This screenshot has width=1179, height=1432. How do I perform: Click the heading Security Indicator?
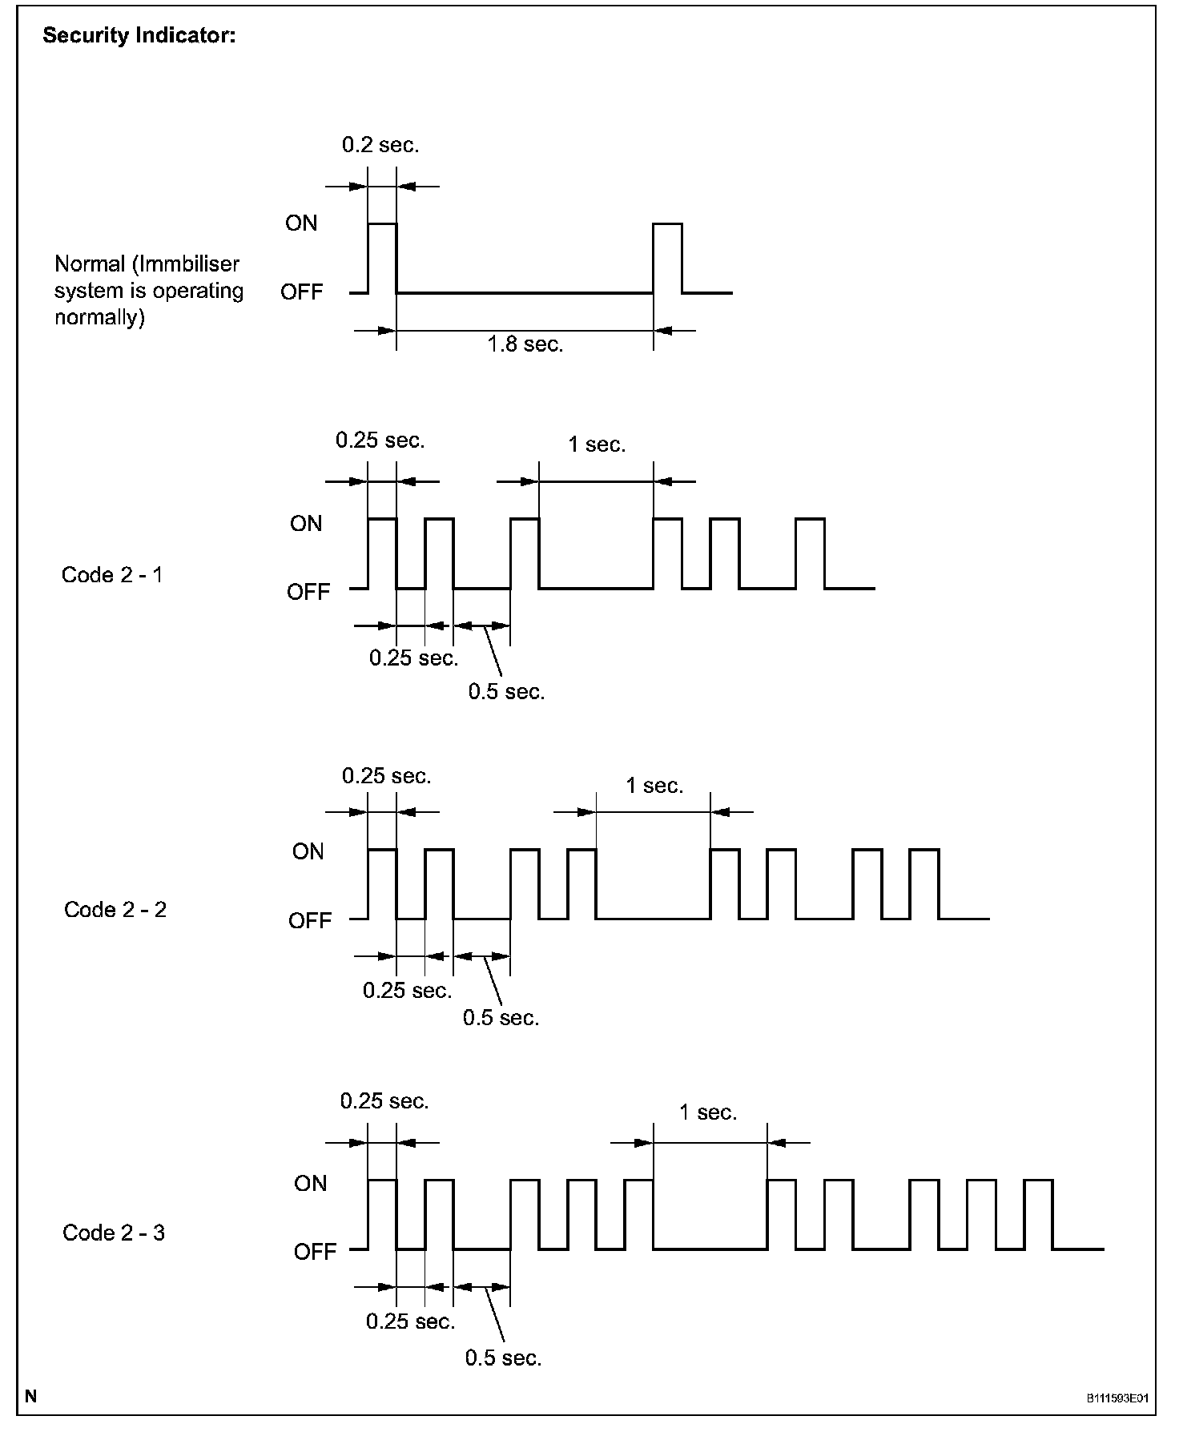pos(139,36)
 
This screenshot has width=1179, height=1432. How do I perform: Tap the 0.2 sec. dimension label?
pos(380,145)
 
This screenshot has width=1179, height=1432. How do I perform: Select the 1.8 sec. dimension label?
pos(525,344)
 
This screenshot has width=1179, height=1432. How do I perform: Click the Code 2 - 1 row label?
pos(112,575)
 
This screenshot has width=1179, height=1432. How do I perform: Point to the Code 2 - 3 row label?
pos(114,1233)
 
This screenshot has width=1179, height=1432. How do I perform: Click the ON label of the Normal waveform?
pos(301,223)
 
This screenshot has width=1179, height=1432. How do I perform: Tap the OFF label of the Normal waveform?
pos(302,292)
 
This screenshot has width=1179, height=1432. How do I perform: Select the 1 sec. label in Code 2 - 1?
pos(597,444)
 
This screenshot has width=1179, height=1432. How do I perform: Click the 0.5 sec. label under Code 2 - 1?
pos(506,692)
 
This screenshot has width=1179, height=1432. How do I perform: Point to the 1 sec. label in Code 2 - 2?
pos(654,786)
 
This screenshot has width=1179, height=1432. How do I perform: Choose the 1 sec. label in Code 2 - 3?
pos(708,1112)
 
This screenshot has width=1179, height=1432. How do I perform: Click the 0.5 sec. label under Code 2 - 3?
pos(503,1358)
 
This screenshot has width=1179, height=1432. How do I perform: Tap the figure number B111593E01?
pos(1117,1399)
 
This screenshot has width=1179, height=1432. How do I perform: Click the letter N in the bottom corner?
pos(31,1398)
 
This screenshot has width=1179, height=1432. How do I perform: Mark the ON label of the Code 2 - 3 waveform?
pos(310,1183)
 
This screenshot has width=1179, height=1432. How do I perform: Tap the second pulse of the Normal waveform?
pos(667,258)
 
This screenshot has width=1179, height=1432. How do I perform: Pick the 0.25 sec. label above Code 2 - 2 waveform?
pos(386,776)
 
